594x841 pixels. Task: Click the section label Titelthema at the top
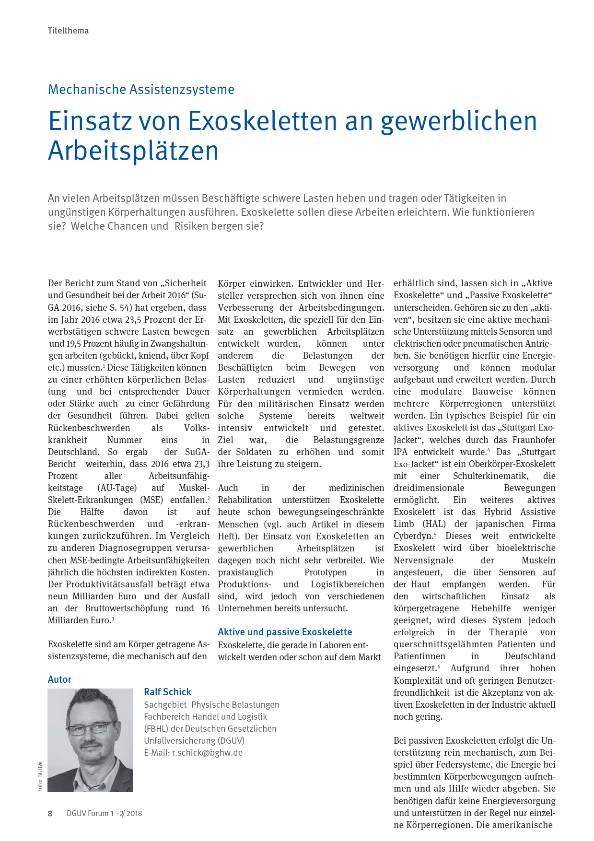(68, 31)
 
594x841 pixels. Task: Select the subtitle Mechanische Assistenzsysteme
(141, 90)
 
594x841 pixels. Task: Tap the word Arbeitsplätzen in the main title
(133, 151)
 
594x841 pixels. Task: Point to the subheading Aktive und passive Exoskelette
(285, 632)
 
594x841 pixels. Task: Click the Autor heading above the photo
(59, 679)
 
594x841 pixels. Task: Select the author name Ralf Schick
(167, 692)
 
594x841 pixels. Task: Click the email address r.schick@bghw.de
(207, 752)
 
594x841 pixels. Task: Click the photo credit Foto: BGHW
(40, 776)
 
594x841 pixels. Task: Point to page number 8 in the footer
(50, 813)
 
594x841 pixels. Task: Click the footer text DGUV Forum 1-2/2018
(104, 813)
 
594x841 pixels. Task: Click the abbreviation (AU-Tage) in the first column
(117, 488)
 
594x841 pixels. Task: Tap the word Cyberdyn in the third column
(413, 536)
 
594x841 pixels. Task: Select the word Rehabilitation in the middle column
(245, 500)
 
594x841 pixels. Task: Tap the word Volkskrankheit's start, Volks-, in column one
(197, 428)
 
